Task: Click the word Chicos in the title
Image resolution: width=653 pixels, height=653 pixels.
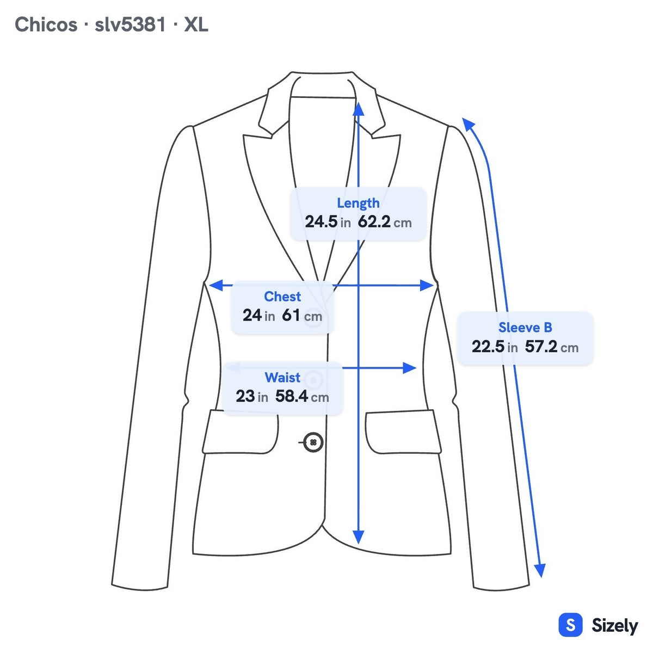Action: point(46,24)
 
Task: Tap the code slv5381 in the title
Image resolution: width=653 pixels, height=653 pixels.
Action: point(130,24)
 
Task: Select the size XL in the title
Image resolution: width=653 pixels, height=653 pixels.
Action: point(196,24)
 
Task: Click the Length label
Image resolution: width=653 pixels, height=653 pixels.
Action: point(358,204)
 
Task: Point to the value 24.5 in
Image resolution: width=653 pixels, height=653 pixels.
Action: point(328,222)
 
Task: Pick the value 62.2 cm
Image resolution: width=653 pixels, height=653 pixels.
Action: point(385,222)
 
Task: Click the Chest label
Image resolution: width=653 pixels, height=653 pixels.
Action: point(282,297)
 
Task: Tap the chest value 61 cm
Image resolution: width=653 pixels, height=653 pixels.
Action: point(301,316)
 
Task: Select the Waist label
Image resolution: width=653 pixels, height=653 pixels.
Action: point(282,378)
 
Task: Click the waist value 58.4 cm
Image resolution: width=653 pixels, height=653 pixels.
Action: point(302,396)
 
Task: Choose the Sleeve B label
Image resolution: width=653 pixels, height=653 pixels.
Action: point(525,328)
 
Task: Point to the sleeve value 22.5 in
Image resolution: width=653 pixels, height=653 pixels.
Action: point(495,347)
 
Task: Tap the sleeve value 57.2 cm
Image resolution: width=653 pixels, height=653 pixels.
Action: point(552,347)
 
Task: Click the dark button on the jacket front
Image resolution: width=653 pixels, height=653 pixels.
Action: point(313,442)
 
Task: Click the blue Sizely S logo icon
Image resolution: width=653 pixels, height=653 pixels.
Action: point(570,625)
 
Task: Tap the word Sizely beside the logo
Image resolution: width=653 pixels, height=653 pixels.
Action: point(615,626)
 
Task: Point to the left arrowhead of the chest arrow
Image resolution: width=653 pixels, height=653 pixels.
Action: point(216,285)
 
